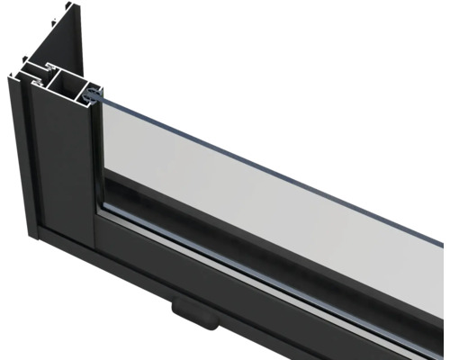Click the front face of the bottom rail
[x=225, y=288]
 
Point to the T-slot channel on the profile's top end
[x=38, y=68]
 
